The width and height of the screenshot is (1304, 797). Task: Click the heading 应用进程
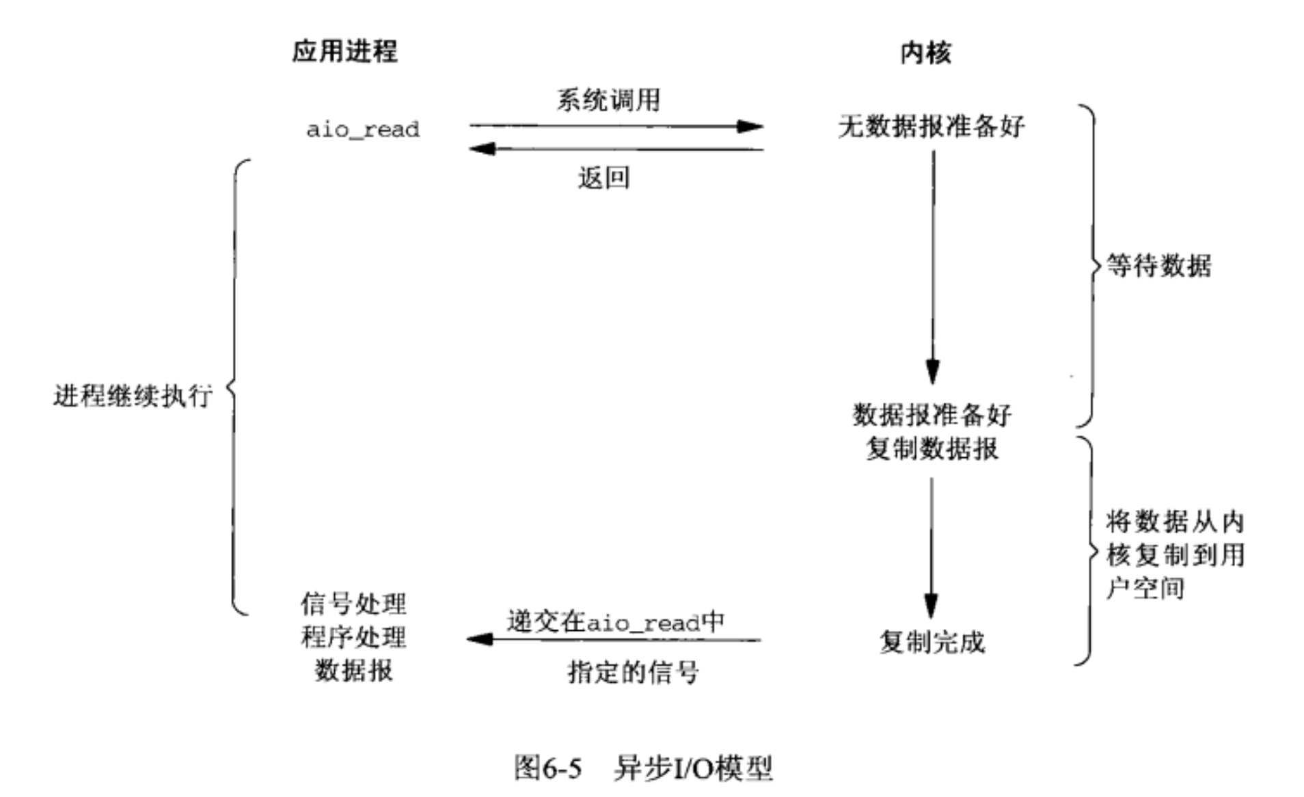click(344, 51)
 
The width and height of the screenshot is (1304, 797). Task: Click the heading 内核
click(925, 53)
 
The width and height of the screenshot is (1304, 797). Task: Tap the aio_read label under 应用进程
click(362, 130)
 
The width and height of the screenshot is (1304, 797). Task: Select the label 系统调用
click(608, 100)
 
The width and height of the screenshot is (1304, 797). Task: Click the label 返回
click(603, 178)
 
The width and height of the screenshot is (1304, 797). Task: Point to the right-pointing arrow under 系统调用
click(616, 126)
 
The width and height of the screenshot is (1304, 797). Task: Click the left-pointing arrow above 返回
click(616, 148)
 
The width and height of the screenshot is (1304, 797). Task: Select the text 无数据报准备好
click(932, 126)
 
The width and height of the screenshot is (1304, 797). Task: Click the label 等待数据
click(1159, 265)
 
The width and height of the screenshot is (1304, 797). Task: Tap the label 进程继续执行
click(133, 396)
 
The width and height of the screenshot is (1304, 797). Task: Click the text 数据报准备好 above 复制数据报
click(932, 414)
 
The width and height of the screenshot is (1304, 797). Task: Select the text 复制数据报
click(932, 448)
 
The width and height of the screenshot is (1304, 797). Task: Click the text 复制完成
click(932, 642)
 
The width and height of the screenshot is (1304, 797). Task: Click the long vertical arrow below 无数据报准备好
click(933, 267)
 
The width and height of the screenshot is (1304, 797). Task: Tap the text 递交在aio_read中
click(615, 621)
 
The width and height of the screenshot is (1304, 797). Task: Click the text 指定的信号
click(634, 673)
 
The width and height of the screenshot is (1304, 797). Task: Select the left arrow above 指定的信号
click(614, 640)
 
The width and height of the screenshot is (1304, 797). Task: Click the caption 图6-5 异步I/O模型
click(643, 767)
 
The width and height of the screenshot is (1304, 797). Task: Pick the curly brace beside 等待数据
click(1091, 265)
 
